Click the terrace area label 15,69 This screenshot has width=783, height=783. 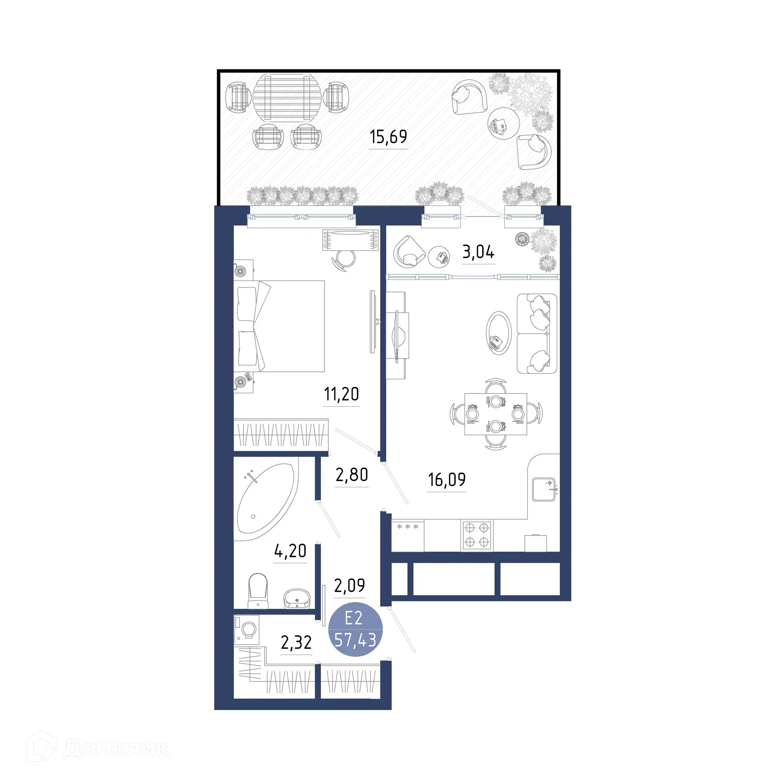(388, 137)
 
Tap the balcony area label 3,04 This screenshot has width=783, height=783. (478, 252)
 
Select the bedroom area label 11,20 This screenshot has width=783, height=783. (341, 394)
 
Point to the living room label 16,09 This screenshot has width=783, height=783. (447, 480)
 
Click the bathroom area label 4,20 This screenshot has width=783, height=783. (290, 551)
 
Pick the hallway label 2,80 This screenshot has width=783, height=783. (352, 475)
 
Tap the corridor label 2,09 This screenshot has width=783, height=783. (349, 586)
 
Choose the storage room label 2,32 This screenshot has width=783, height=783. (296, 643)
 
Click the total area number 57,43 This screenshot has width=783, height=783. (355, 640)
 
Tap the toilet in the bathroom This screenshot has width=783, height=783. (258, 590)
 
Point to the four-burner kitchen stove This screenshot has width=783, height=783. (477, 535)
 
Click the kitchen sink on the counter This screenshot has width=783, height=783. (544, 489)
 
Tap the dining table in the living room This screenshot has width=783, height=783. (495, 414)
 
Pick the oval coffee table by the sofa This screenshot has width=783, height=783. (498, 333)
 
